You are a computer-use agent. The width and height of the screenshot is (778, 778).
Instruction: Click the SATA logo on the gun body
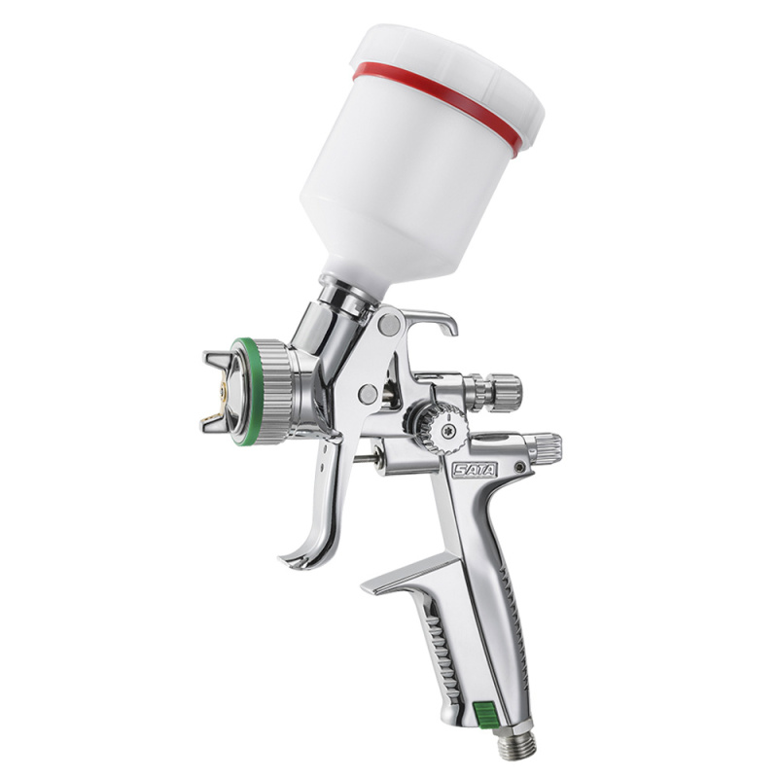(475, 469)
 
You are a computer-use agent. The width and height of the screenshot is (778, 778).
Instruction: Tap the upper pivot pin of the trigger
(388, 324)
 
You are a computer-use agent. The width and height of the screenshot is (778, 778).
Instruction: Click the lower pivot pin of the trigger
(368, 394)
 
